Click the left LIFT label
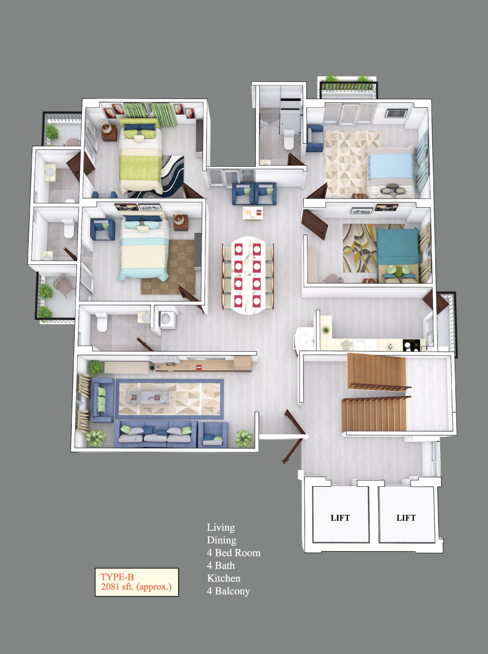(x=340, y=518)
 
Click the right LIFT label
(x=406, y=518)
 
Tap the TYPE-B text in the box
(x=117, y=577)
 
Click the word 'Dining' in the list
(x=222, y=540)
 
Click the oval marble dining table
(x=248, y=275)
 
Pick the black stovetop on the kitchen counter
(x=411, y=345)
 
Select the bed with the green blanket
(x=140, y=156)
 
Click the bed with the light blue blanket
(x=391, y=171)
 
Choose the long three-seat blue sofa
(x=155, y=434)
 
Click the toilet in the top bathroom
(x=289, y=139)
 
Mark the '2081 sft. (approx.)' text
(x=136, y=587)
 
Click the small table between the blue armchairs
(x=252, y=213)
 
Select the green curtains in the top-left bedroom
(x=150, y=114)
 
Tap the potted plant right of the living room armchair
(x=244, y=438)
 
